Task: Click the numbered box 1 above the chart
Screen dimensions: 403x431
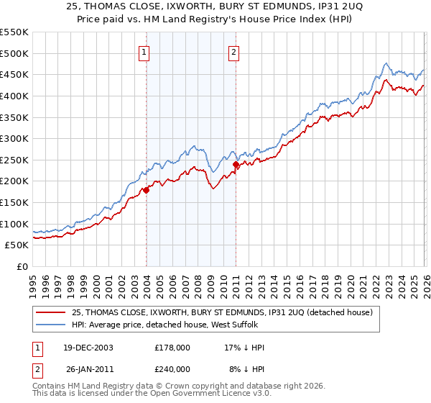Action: (144, 52)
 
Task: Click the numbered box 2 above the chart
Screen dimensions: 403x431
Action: (234, 52)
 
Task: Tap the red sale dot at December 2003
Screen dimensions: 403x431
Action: (146, 190)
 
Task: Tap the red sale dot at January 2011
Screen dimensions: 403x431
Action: (236, 164)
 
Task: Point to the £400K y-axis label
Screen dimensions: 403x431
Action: (14, 96)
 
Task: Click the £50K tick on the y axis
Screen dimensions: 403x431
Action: (17, 245)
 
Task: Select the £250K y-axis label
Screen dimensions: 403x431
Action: (14, 160)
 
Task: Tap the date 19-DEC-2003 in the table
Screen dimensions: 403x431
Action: (88, 348)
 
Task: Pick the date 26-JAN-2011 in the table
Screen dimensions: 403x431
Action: (88, 369)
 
